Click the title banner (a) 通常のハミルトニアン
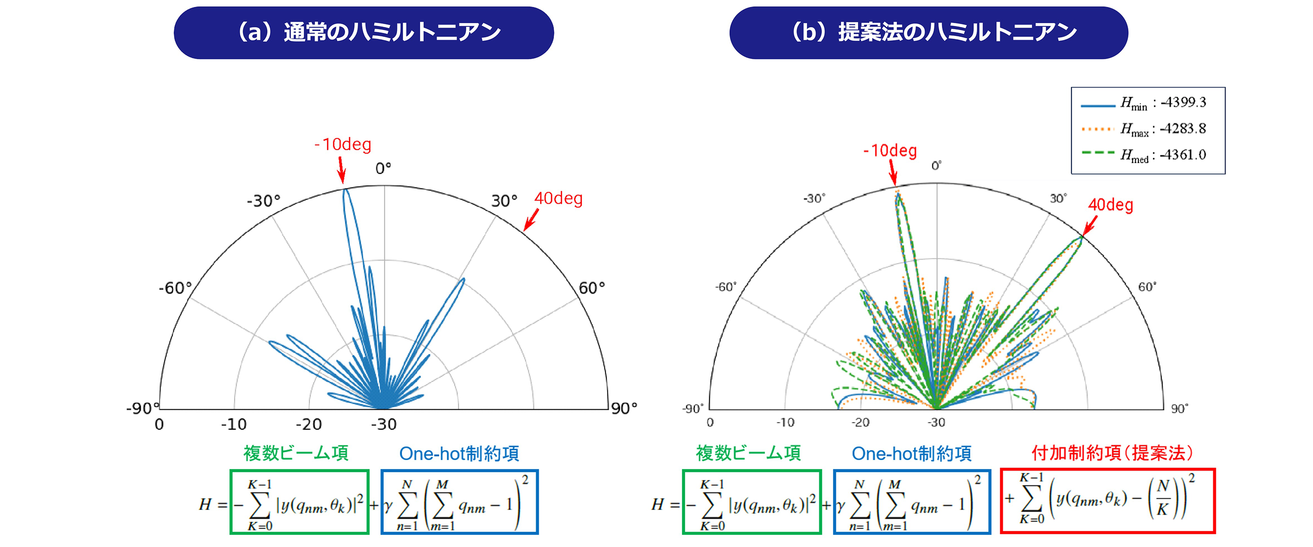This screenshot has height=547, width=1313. tap(363, 33)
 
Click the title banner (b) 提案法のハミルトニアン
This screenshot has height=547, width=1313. tap(928, 33)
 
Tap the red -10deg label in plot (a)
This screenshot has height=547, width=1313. tap(342, 144)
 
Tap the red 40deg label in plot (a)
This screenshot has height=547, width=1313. tap(558, 198)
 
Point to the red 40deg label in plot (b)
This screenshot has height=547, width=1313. tap(1110, 205)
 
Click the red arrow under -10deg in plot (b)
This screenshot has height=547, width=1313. tap(892, 173)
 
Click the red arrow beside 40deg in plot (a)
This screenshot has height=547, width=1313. tap(531, 220)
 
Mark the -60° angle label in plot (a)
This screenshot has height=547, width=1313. tap(175, 288)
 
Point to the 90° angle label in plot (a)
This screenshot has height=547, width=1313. tap(624, 408)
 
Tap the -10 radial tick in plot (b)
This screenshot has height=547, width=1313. tap(785, 423)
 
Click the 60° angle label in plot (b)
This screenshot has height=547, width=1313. tap(1147, 287)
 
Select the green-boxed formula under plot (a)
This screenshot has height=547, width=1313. tap(299, 502)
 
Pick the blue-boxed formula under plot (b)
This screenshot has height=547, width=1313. tap(912, 502)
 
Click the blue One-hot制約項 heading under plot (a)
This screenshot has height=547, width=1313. tap(459, 453)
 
